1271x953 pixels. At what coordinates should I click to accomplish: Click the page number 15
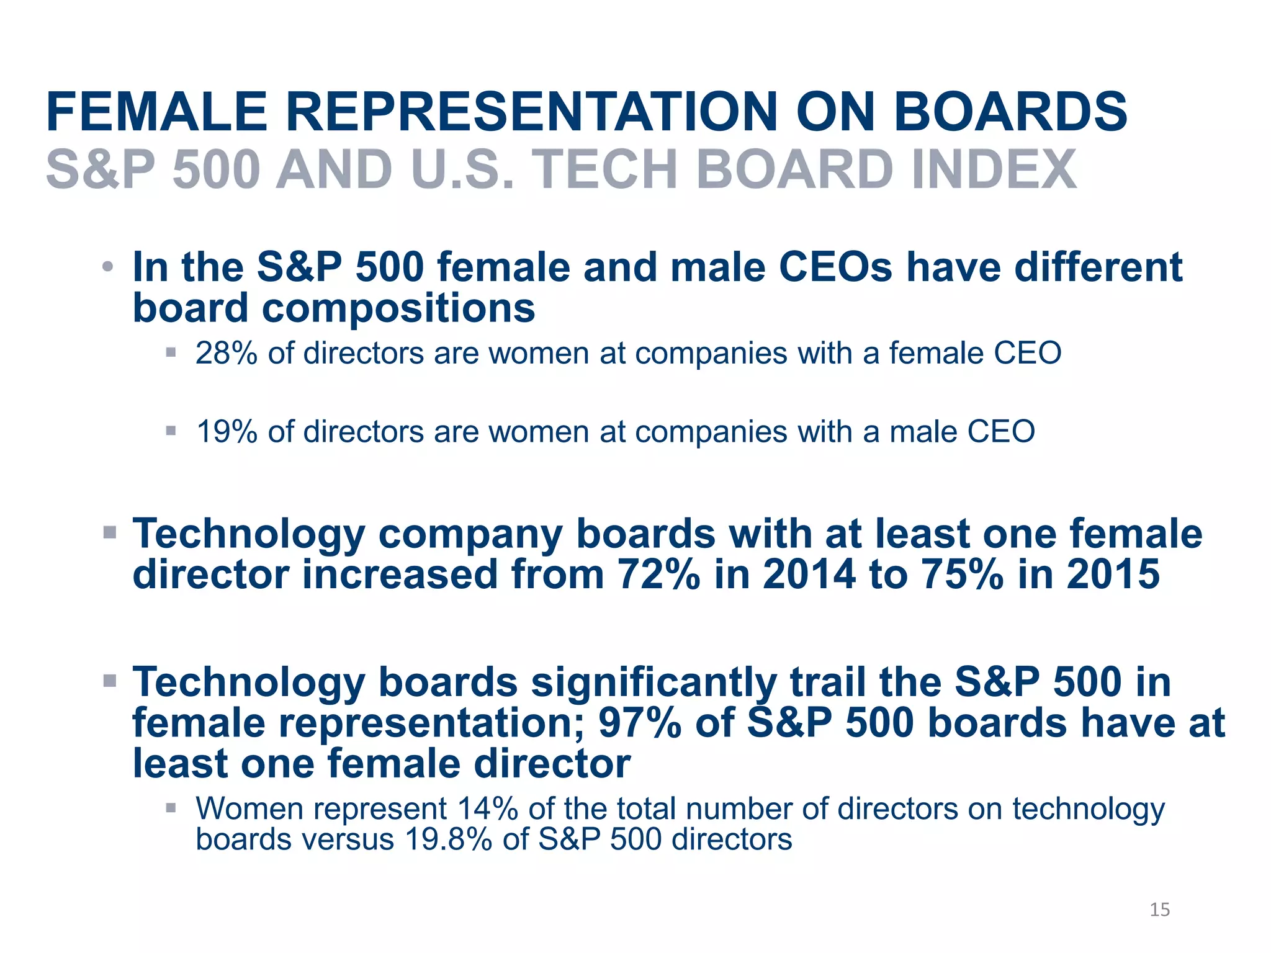(1159, 910)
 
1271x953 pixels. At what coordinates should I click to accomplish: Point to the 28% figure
(227, 354)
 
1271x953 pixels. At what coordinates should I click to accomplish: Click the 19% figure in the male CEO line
(227, 432)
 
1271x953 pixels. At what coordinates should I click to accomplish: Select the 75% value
(962, 574)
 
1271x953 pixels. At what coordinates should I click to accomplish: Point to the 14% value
(487, 809)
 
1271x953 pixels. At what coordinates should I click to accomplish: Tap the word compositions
(398, 308)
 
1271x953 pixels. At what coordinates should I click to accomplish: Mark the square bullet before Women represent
(171, 808)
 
